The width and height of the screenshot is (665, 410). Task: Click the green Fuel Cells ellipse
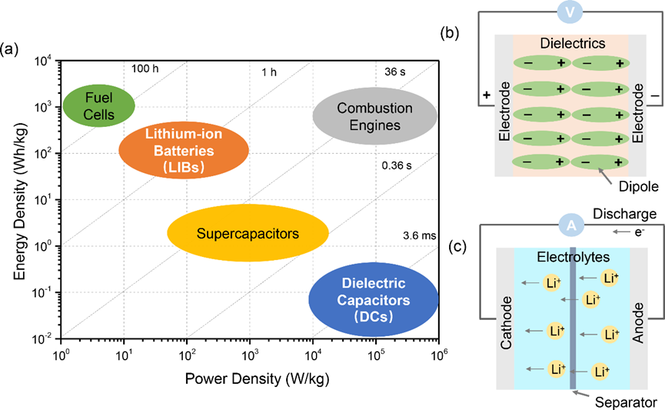click(x=98, y=105)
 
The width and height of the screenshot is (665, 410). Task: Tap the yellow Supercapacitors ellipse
click(x=248, y=233)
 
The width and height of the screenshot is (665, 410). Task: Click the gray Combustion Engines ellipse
click(x=374, y=115)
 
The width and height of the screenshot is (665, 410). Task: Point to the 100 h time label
click(x=145, y=70)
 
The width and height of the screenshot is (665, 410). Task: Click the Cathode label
click(x=507, y=329)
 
